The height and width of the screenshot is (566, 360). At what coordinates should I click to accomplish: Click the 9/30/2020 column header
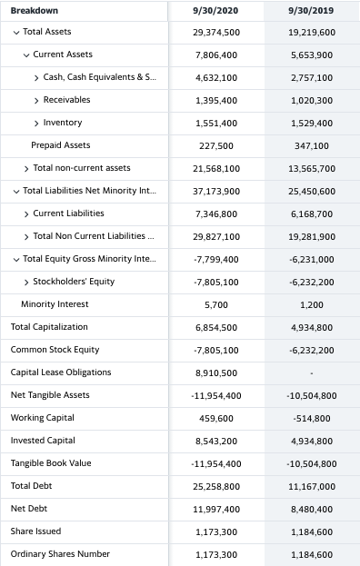(216, 10)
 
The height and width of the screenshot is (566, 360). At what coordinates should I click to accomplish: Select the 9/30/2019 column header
(312, 10)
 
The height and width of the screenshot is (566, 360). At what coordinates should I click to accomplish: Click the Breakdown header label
(34, 10)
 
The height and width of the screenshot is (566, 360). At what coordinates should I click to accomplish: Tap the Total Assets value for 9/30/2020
(216, 32)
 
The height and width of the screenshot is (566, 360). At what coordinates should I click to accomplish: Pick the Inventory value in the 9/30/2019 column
(312, 123)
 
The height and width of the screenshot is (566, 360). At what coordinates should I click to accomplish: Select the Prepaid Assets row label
(60, 145)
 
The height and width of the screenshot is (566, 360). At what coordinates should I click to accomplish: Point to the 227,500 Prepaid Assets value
(216, 145)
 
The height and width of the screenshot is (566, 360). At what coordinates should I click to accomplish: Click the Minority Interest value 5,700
(216, 304)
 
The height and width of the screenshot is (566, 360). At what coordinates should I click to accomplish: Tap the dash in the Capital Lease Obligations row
(312, 372)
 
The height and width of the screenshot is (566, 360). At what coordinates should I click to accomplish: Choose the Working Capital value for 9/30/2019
(312, 418)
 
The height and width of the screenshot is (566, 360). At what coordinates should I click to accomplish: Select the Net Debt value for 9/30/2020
(216, 509)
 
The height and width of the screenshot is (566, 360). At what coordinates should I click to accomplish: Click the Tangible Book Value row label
(51, 463)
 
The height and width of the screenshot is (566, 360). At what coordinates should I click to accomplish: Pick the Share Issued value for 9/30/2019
(312, 531)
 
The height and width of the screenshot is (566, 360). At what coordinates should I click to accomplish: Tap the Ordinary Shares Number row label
(60, 554)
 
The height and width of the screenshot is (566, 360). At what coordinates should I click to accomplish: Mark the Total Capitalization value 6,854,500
(216, 327)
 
